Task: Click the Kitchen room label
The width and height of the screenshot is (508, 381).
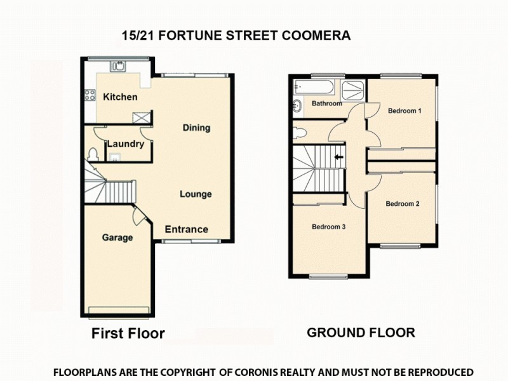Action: point(120,97)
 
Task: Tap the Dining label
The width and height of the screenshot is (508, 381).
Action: point(196,128)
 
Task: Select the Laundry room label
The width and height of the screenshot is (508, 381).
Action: point(125,144)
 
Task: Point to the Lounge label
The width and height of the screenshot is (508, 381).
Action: point(196,194)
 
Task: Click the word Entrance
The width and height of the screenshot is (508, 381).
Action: point(187,229)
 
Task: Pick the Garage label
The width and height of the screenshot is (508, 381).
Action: point(117,238)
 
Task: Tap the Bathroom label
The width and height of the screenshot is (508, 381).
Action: point(326,104)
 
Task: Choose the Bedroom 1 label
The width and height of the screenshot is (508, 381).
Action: point(405,110)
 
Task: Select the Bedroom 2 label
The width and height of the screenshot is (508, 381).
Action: point(403,204)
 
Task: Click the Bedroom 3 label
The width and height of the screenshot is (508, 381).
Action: point(328,226)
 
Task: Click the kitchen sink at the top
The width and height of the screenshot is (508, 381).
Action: point(119,65)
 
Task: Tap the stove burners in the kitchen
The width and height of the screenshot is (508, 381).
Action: point(89,97)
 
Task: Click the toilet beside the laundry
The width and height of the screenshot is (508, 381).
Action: point(93,155)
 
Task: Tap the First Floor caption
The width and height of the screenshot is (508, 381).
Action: point(128,333)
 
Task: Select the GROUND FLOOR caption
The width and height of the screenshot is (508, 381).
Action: point(361,332)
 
